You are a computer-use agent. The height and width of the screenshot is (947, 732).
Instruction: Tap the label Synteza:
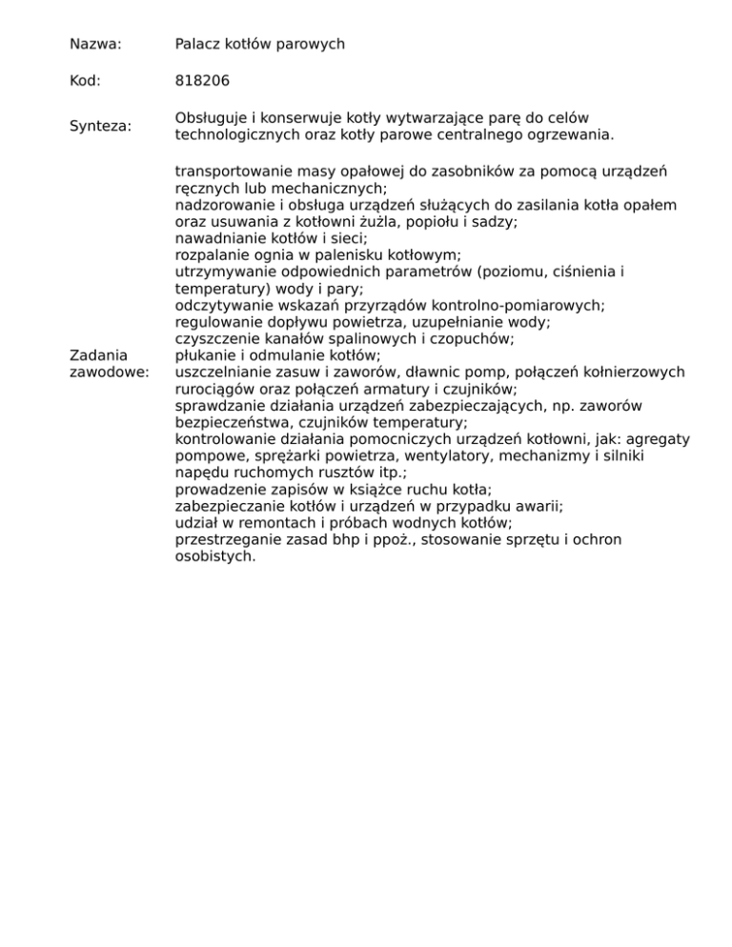click(102, 127)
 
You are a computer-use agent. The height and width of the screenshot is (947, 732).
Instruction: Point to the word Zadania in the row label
click(99, 355)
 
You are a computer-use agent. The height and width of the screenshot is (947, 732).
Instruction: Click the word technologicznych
click(240, 135)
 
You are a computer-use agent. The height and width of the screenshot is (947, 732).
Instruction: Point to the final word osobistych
click(215, 556)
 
